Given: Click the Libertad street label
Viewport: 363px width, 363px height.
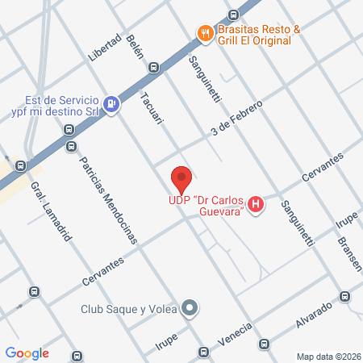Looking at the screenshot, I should (106, 48).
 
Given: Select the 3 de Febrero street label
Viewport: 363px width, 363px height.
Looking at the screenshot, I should (236, 119).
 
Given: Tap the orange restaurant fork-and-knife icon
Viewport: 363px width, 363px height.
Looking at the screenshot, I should (205, 33).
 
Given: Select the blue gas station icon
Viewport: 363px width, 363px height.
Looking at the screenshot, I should (112, 103).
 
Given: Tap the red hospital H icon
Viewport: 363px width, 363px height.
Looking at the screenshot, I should (256, 203).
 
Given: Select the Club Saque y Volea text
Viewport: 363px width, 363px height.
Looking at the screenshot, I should (129, 308).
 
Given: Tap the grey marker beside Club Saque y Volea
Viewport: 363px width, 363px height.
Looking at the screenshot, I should (190, 307).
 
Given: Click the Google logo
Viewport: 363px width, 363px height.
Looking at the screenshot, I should (27, 353).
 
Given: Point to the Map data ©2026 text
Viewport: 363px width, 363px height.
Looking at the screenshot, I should (328, 357).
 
